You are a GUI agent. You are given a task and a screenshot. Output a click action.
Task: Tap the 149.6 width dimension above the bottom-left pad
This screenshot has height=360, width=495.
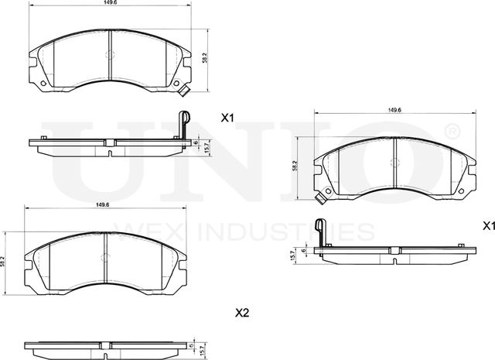[x=101, y=204]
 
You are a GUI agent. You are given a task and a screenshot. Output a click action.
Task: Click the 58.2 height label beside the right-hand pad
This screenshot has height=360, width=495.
[x=295, y=165]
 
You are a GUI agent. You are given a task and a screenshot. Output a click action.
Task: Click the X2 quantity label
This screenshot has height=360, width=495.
[x=241, y=314]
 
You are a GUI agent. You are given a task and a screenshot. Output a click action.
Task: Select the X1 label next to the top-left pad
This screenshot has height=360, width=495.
[x=227, y=118]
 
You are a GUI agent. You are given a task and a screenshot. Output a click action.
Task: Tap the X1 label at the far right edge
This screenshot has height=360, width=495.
[x=487, y=226]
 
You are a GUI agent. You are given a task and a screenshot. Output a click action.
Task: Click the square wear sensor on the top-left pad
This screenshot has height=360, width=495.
[x=185, y=94]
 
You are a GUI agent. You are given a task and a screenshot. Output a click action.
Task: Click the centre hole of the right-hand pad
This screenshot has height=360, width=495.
[x=394, y=163]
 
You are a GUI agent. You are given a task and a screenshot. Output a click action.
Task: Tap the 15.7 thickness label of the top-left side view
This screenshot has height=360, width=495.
[x=205, y=145]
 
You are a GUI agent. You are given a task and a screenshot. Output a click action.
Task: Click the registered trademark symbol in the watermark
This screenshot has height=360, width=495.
[x=452, y=130]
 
